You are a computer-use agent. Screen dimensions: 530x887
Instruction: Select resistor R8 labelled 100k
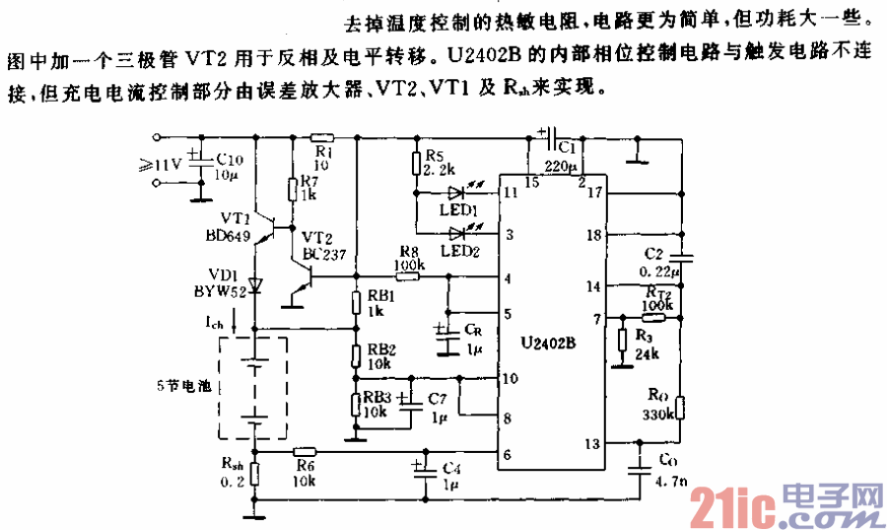pyautogui.click(x=407, y=276)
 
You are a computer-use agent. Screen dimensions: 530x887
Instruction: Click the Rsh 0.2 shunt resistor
pyautogui.click(x=254, y=474)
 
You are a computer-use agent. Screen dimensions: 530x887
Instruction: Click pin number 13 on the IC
pyautogui.click(x=591, y=443)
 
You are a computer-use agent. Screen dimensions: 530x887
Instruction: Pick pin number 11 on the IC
pyautogui.click(x=511, y=192)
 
